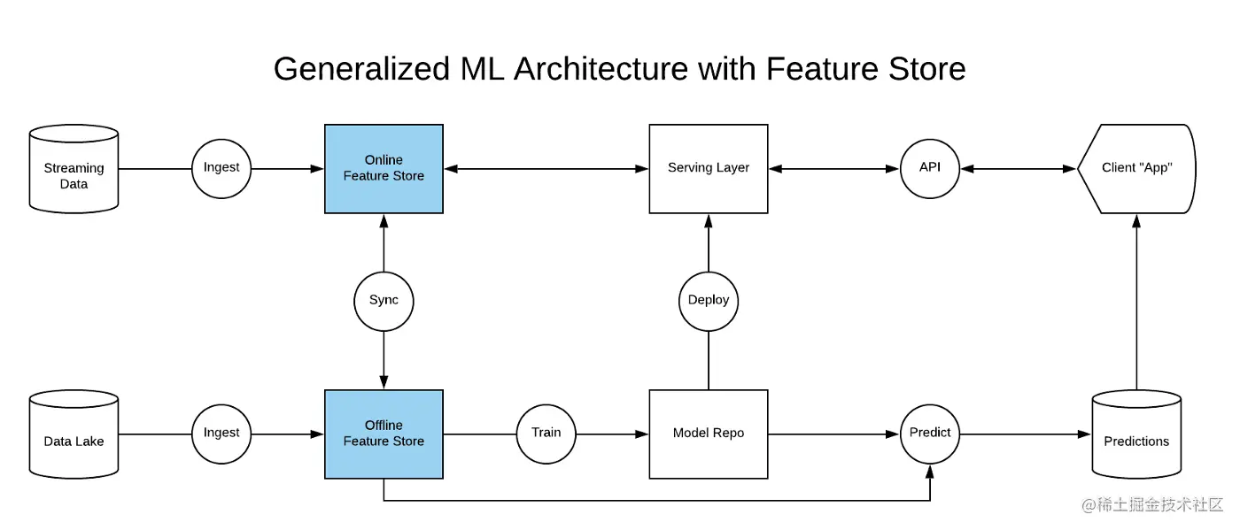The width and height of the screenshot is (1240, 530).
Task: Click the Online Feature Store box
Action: [384, 168]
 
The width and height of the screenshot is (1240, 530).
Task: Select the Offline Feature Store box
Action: [384, 434]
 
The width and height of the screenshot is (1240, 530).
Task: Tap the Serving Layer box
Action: [709, 168]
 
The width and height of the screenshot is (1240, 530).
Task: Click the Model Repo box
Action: [709, 434]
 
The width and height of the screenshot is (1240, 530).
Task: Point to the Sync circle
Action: [384, 301]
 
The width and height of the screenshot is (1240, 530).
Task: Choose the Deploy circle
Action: [709, 301]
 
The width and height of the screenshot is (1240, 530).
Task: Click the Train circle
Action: [546, 434]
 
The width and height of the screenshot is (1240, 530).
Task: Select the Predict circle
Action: [930, 434]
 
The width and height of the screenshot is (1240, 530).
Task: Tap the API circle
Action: [930, 168]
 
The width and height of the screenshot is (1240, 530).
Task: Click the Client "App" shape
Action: [1136, 168]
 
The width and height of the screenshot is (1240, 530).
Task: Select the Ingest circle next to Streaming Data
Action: [221, 168]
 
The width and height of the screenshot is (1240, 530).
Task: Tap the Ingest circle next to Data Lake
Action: [221, 434]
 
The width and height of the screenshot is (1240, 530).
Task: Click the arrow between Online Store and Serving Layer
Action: [546, 168]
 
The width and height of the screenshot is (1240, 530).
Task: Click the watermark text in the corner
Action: [1151, 505]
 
